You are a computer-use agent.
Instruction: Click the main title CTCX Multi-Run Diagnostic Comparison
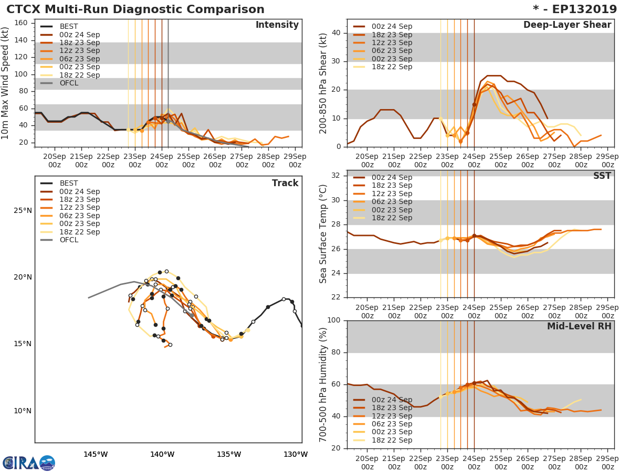[x=135, y=9]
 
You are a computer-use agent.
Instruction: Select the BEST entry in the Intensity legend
[x=68, y=27]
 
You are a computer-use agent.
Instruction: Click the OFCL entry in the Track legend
[x=68, y=240]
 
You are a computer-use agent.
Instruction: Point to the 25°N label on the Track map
[x=23, y=211]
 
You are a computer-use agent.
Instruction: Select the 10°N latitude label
[x=23, y=411]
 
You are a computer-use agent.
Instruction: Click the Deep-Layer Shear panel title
[x=567, y=25]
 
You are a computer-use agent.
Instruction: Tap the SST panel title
[x=602, y=176]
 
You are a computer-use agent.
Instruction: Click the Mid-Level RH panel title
[x=579, y=326]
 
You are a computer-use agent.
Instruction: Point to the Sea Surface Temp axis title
[x=323, y=234]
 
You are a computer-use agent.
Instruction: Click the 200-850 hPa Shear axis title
[x=323, y=83]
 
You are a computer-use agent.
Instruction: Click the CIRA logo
[x=29, y=463]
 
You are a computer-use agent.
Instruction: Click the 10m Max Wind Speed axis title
[x=6, y=83]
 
